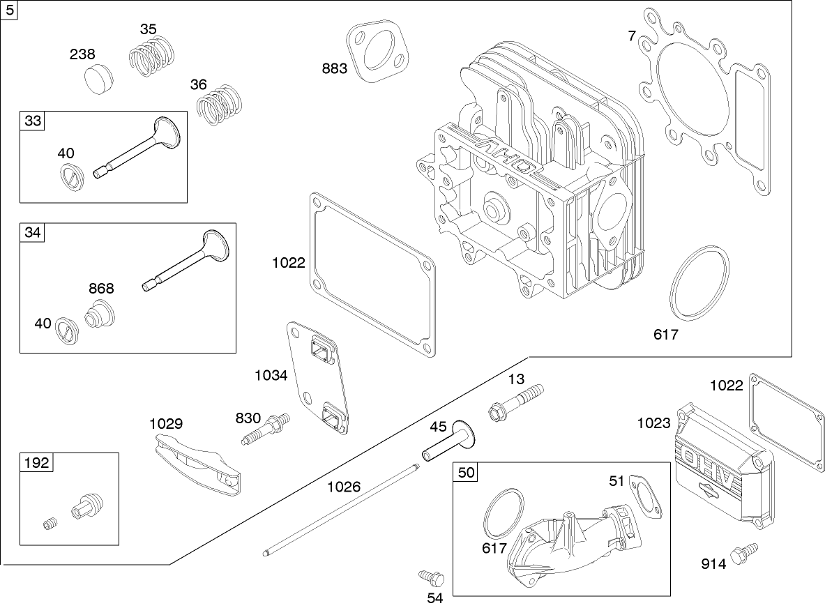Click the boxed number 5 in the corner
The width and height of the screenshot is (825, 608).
click(9, 10)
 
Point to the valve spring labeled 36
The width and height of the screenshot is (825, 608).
click(219, 104)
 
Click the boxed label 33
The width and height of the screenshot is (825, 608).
click(33, 121)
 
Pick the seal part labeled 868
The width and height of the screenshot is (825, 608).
click(100, 314)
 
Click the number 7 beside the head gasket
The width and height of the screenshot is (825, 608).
click(632, 36)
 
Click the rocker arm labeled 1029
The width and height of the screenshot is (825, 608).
click(198, 464)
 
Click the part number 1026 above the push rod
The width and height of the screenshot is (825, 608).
click(344, 486)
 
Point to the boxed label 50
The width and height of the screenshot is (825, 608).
click(466, 472)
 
